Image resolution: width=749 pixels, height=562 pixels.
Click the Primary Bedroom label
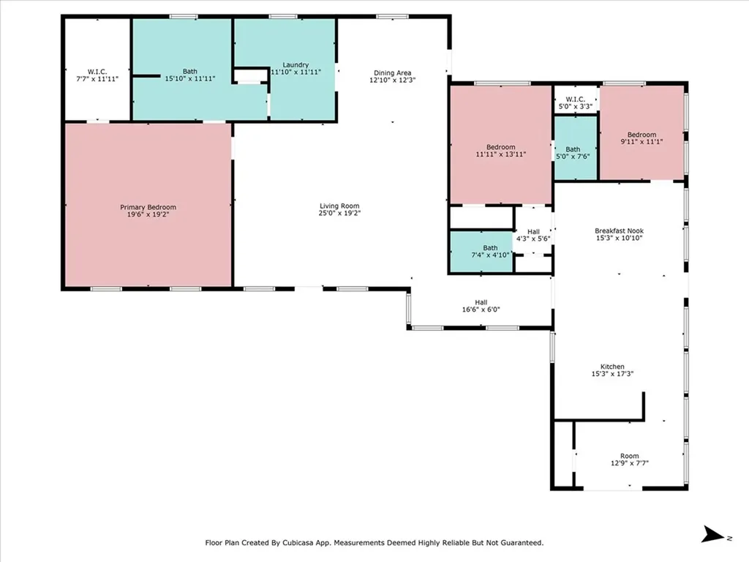(x=148, y=207)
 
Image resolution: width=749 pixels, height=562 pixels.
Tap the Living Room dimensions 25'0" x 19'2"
(x=339, y=214)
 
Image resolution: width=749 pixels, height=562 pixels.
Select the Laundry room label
(x=290, y=65)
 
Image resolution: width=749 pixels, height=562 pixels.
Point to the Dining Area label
(x=393, y=72)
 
